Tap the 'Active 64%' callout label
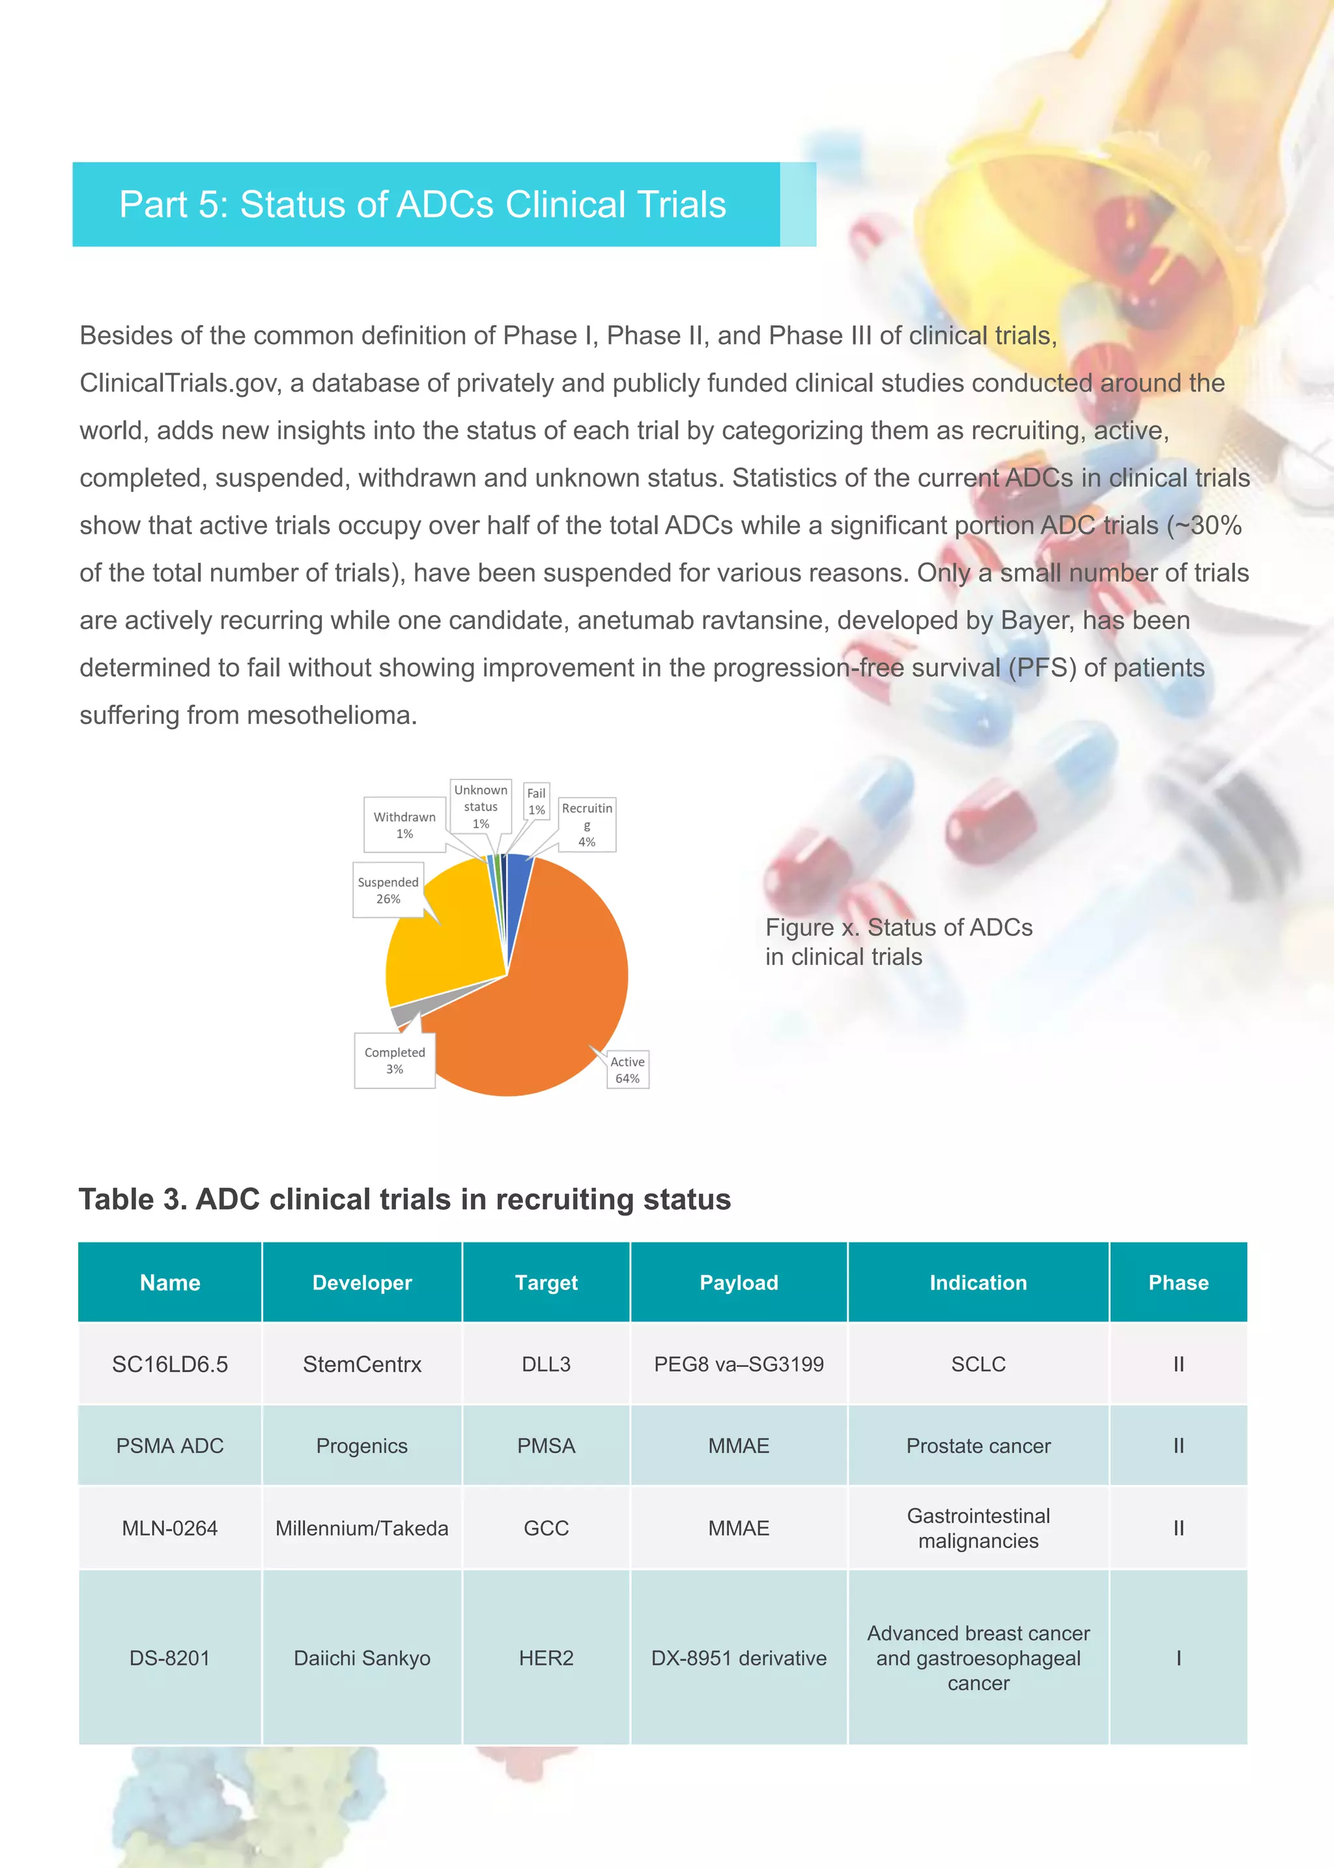click(x=627, y=1070)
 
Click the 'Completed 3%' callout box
click(x=394, y=1061)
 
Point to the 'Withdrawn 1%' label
click(x=404, y=825)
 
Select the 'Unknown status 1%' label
click(x=481, y=806)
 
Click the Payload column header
click(x=739, y=1282)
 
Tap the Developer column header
click(x=362, y=1282)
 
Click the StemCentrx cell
click(x=362, y=1364)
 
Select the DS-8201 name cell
click(x=170, y=1658)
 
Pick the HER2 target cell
click(x=546, y=1658)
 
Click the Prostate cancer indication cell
click(x=978, y=1446)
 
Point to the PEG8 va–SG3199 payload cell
click(x=739, y=1364)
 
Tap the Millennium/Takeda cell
click(x=362, y=1528)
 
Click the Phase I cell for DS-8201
click(x=1178, y=1658)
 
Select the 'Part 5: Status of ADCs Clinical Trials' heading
click(x=422, y=205)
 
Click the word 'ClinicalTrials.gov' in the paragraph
click(x=180, y=384)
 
